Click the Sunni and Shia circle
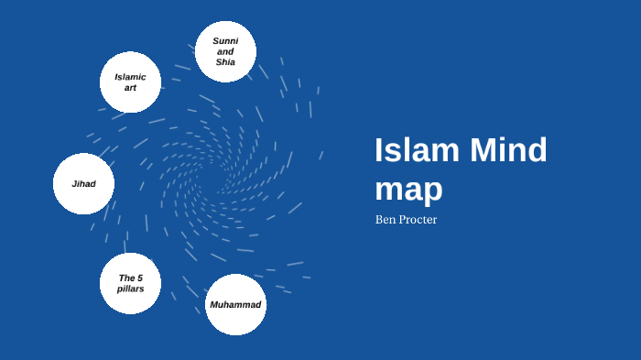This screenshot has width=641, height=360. point(225,51)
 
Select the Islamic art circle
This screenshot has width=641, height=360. point(130,82)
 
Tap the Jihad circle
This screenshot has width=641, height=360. point(83,183)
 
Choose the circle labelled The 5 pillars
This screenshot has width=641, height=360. point(130,283)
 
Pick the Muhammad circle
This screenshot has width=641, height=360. point(235,304)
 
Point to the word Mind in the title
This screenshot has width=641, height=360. point(508,150)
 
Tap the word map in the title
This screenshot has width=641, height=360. point(408,188)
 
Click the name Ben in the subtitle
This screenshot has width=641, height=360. point(386,220)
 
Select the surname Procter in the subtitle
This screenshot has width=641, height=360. point(418,220)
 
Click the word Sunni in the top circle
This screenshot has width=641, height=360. point(225,41)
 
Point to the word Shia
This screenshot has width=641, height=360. point(225,62)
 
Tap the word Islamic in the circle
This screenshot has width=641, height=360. point(130,77)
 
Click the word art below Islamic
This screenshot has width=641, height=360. point(130,88)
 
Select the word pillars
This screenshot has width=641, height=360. point(130,289)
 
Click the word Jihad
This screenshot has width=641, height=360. point(83,183)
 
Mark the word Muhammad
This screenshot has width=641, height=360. point(235,304)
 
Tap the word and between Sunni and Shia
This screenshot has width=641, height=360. point(225,51)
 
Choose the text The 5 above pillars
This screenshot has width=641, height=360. point(130,278)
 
